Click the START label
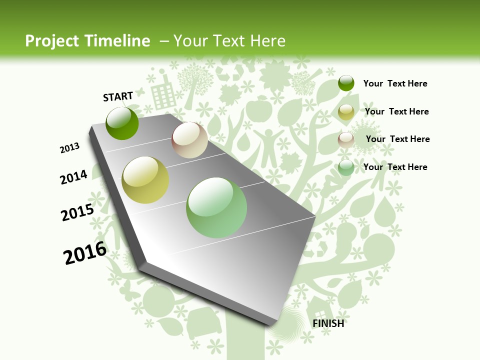118,96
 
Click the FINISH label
328,323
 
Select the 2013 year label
70,148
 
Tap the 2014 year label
74,177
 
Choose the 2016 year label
85,253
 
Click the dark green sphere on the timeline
122,123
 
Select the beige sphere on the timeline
189,140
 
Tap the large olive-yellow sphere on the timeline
145,180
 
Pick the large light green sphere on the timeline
216,207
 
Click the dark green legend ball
346,83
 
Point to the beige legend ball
346,139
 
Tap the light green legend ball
346,167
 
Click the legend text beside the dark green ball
395,83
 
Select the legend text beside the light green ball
395,167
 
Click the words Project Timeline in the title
87,41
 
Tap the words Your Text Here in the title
229,41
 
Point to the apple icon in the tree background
263,108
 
